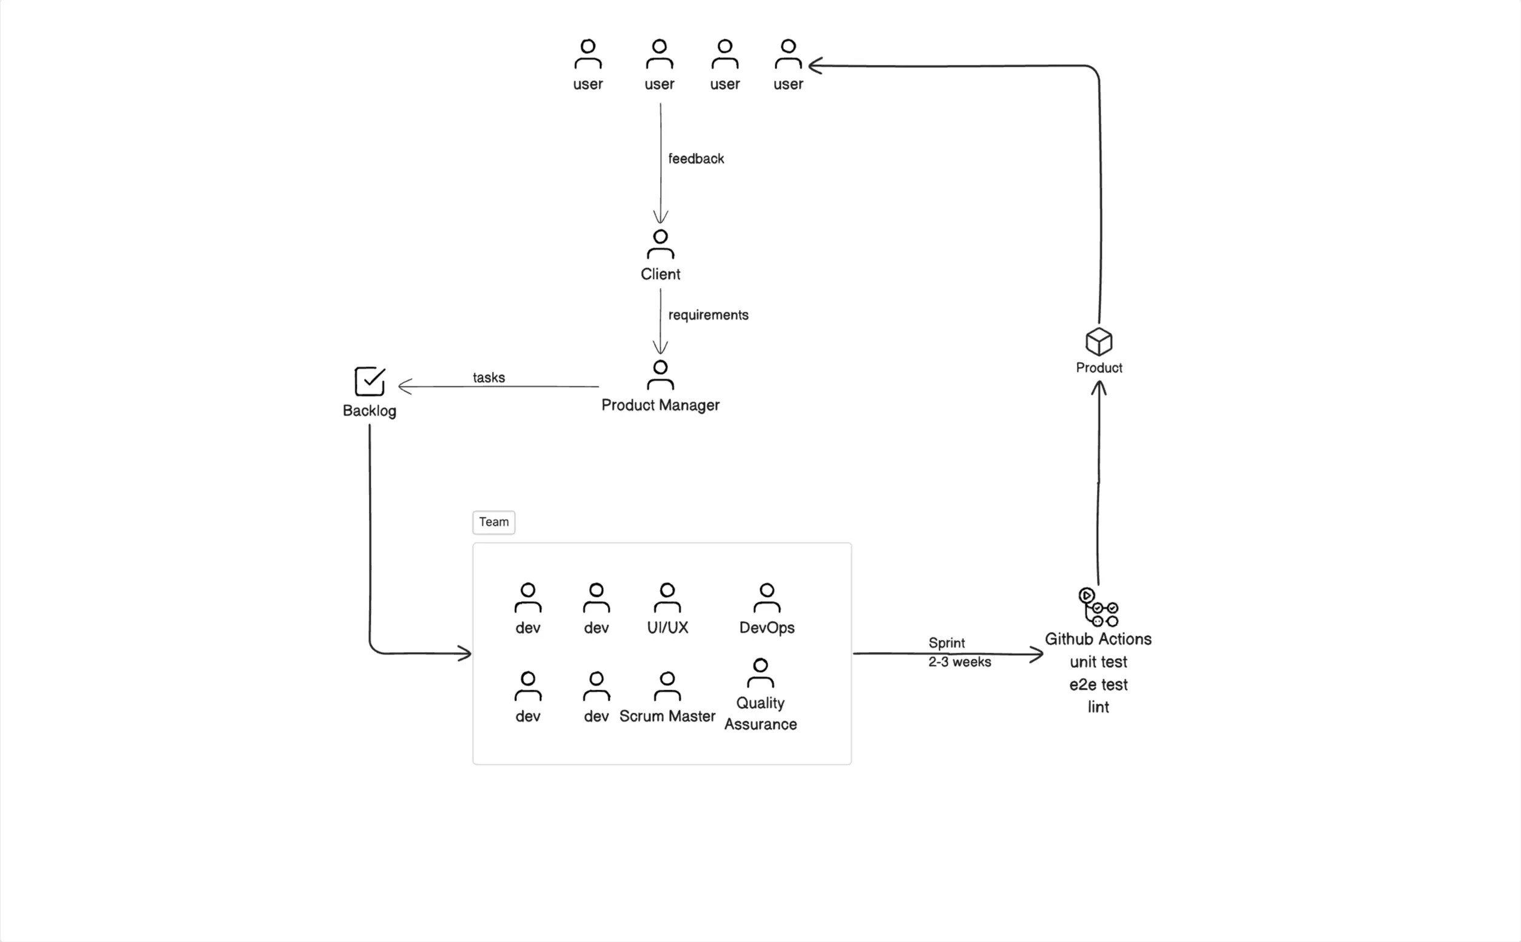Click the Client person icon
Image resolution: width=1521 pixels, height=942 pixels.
[661, 244]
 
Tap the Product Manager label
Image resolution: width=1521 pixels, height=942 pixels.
[660, 406]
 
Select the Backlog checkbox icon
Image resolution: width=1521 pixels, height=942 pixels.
[369, 382]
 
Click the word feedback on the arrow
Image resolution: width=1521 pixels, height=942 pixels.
[696, 159]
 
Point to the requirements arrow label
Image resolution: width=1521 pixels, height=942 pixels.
[708, 315]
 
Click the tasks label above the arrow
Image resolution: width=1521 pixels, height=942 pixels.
[488, 377]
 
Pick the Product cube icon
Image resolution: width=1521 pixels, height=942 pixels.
[1099, 342]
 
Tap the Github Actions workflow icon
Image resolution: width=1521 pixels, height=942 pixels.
[1099, 607]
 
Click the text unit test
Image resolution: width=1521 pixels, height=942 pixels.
[1099, 662]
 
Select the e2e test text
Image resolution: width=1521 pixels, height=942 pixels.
[1099, 685]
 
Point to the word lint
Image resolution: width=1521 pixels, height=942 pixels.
[1099, 707]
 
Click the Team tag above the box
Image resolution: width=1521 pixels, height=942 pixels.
[493, 522]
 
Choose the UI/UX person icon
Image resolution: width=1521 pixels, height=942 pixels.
[667, 598]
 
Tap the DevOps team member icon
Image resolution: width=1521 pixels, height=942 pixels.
[767, 598]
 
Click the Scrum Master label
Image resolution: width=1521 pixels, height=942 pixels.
[667, 716]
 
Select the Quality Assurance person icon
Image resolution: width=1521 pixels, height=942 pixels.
[760, 673]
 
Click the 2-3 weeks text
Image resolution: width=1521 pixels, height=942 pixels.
[960, 662]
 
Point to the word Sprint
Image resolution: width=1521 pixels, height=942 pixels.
[946, 643]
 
